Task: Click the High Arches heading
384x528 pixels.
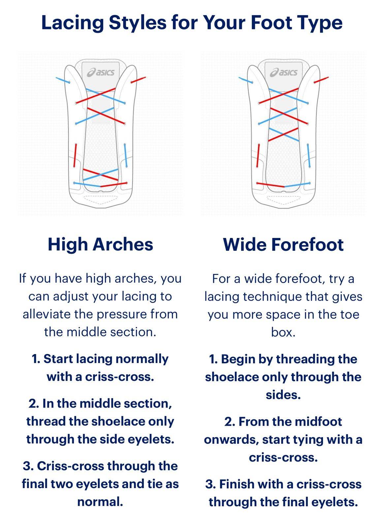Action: [x=100, y=245]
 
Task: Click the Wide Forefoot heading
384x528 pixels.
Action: [x=283, y=245]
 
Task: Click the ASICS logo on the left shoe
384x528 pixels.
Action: [x=101, y=72]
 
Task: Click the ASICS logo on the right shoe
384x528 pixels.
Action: [x=284, y=72]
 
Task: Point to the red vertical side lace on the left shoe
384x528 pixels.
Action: [x=75, y=155]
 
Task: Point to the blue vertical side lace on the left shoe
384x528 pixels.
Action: [x=126, y=155]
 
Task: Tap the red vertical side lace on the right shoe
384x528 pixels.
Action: [x=258, y=155]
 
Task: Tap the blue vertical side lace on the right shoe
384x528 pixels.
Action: [x=309, y=155]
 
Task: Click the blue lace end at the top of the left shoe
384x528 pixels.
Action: [x=63, y=80]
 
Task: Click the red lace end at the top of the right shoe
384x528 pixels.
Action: [x=321, y=80]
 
